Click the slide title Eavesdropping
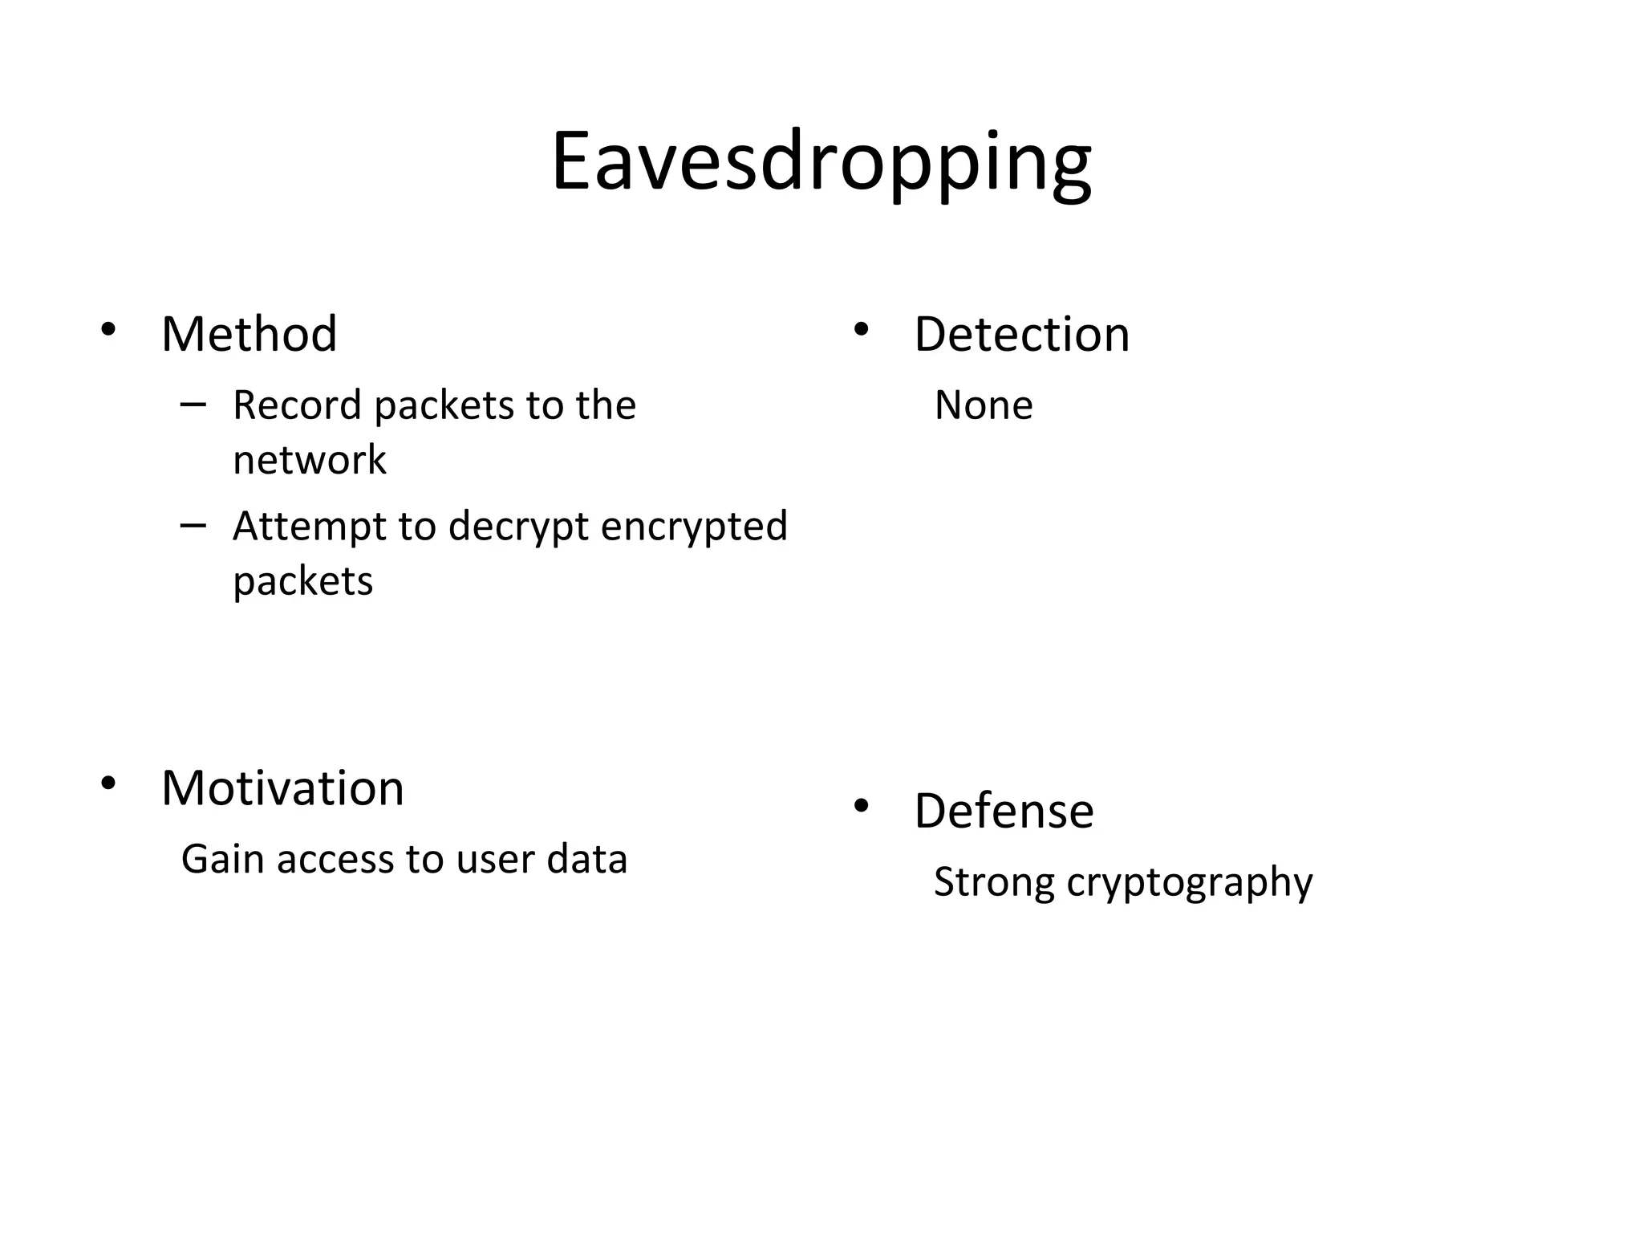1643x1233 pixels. click(x=821, y=162)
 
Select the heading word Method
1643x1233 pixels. click(x=249, y=334)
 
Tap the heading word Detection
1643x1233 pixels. click(x=1021, y=334)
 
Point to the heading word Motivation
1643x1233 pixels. click(x=282, y=788)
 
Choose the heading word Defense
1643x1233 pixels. click(x=1004, y=811)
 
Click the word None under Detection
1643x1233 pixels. click(x=984, y=405)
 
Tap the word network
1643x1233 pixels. click(x=310, y=460)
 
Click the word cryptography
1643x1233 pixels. click(x=1190, y=883)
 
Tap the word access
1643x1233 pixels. click(x=337, y=860)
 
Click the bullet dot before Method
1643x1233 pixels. click(x=108, y=329)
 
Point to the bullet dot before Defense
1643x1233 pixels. click(x=861, y=806)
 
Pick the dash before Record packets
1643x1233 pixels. click(x=193, y=404)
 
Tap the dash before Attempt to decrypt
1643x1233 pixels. click(x=193, y=526)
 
